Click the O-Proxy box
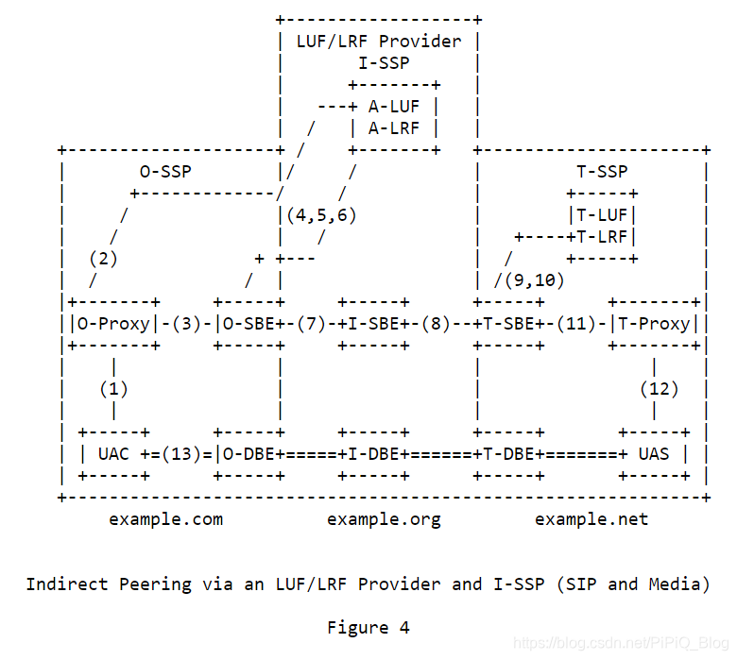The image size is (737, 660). click(x=112, y=324)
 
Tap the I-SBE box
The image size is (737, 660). click(x=373, y=324)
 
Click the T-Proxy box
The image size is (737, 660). click(x=655, y=324)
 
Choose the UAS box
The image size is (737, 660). click(x=654, y=454)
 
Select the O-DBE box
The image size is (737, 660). click(x=249, y=454)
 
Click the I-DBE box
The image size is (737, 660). click(x=373, y=454)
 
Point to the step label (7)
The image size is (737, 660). click(x=311, y=324)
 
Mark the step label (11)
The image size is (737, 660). click(x=576, y=324)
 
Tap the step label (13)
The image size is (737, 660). click(x=180, y=454)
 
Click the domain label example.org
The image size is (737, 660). click(x=384, y=519)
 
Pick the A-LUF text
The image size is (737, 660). click(x=394, y=107)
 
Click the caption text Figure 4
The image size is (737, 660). click(x=368, y=628)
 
